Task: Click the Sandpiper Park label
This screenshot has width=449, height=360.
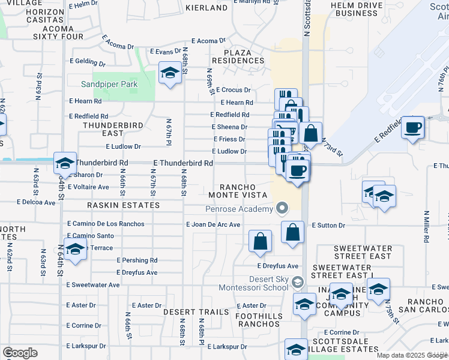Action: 110,84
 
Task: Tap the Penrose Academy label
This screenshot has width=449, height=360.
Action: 238,209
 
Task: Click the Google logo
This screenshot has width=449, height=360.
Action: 20,353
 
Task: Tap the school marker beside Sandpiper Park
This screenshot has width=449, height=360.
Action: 170,74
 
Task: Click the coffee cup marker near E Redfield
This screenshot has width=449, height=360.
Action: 412,128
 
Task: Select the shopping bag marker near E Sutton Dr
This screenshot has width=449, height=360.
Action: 292,233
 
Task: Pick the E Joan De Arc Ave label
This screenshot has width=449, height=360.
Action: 213,224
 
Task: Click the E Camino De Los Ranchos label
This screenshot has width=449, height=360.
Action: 106,224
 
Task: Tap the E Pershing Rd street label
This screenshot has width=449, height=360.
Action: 137,260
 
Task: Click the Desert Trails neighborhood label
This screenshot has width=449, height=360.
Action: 196,312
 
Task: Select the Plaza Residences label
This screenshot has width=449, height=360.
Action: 244,56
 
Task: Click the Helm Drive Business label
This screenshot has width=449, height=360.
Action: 357,9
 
